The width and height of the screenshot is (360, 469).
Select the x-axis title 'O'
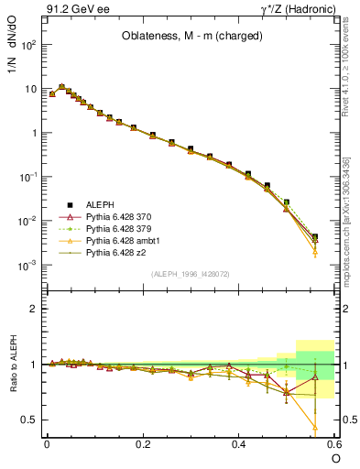point(336,458)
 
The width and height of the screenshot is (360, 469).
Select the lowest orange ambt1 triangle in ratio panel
point(315,427)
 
